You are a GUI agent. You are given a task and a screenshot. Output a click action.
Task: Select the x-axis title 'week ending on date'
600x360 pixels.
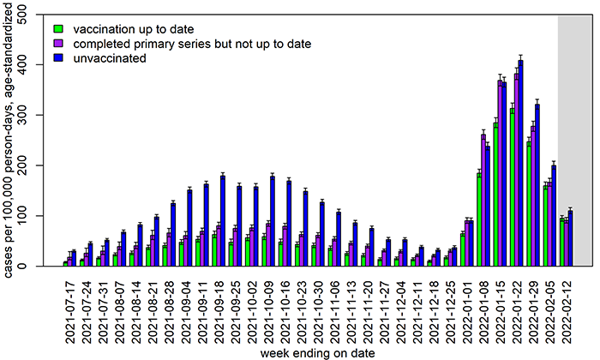pyautogui.click(x=317, y=352)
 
